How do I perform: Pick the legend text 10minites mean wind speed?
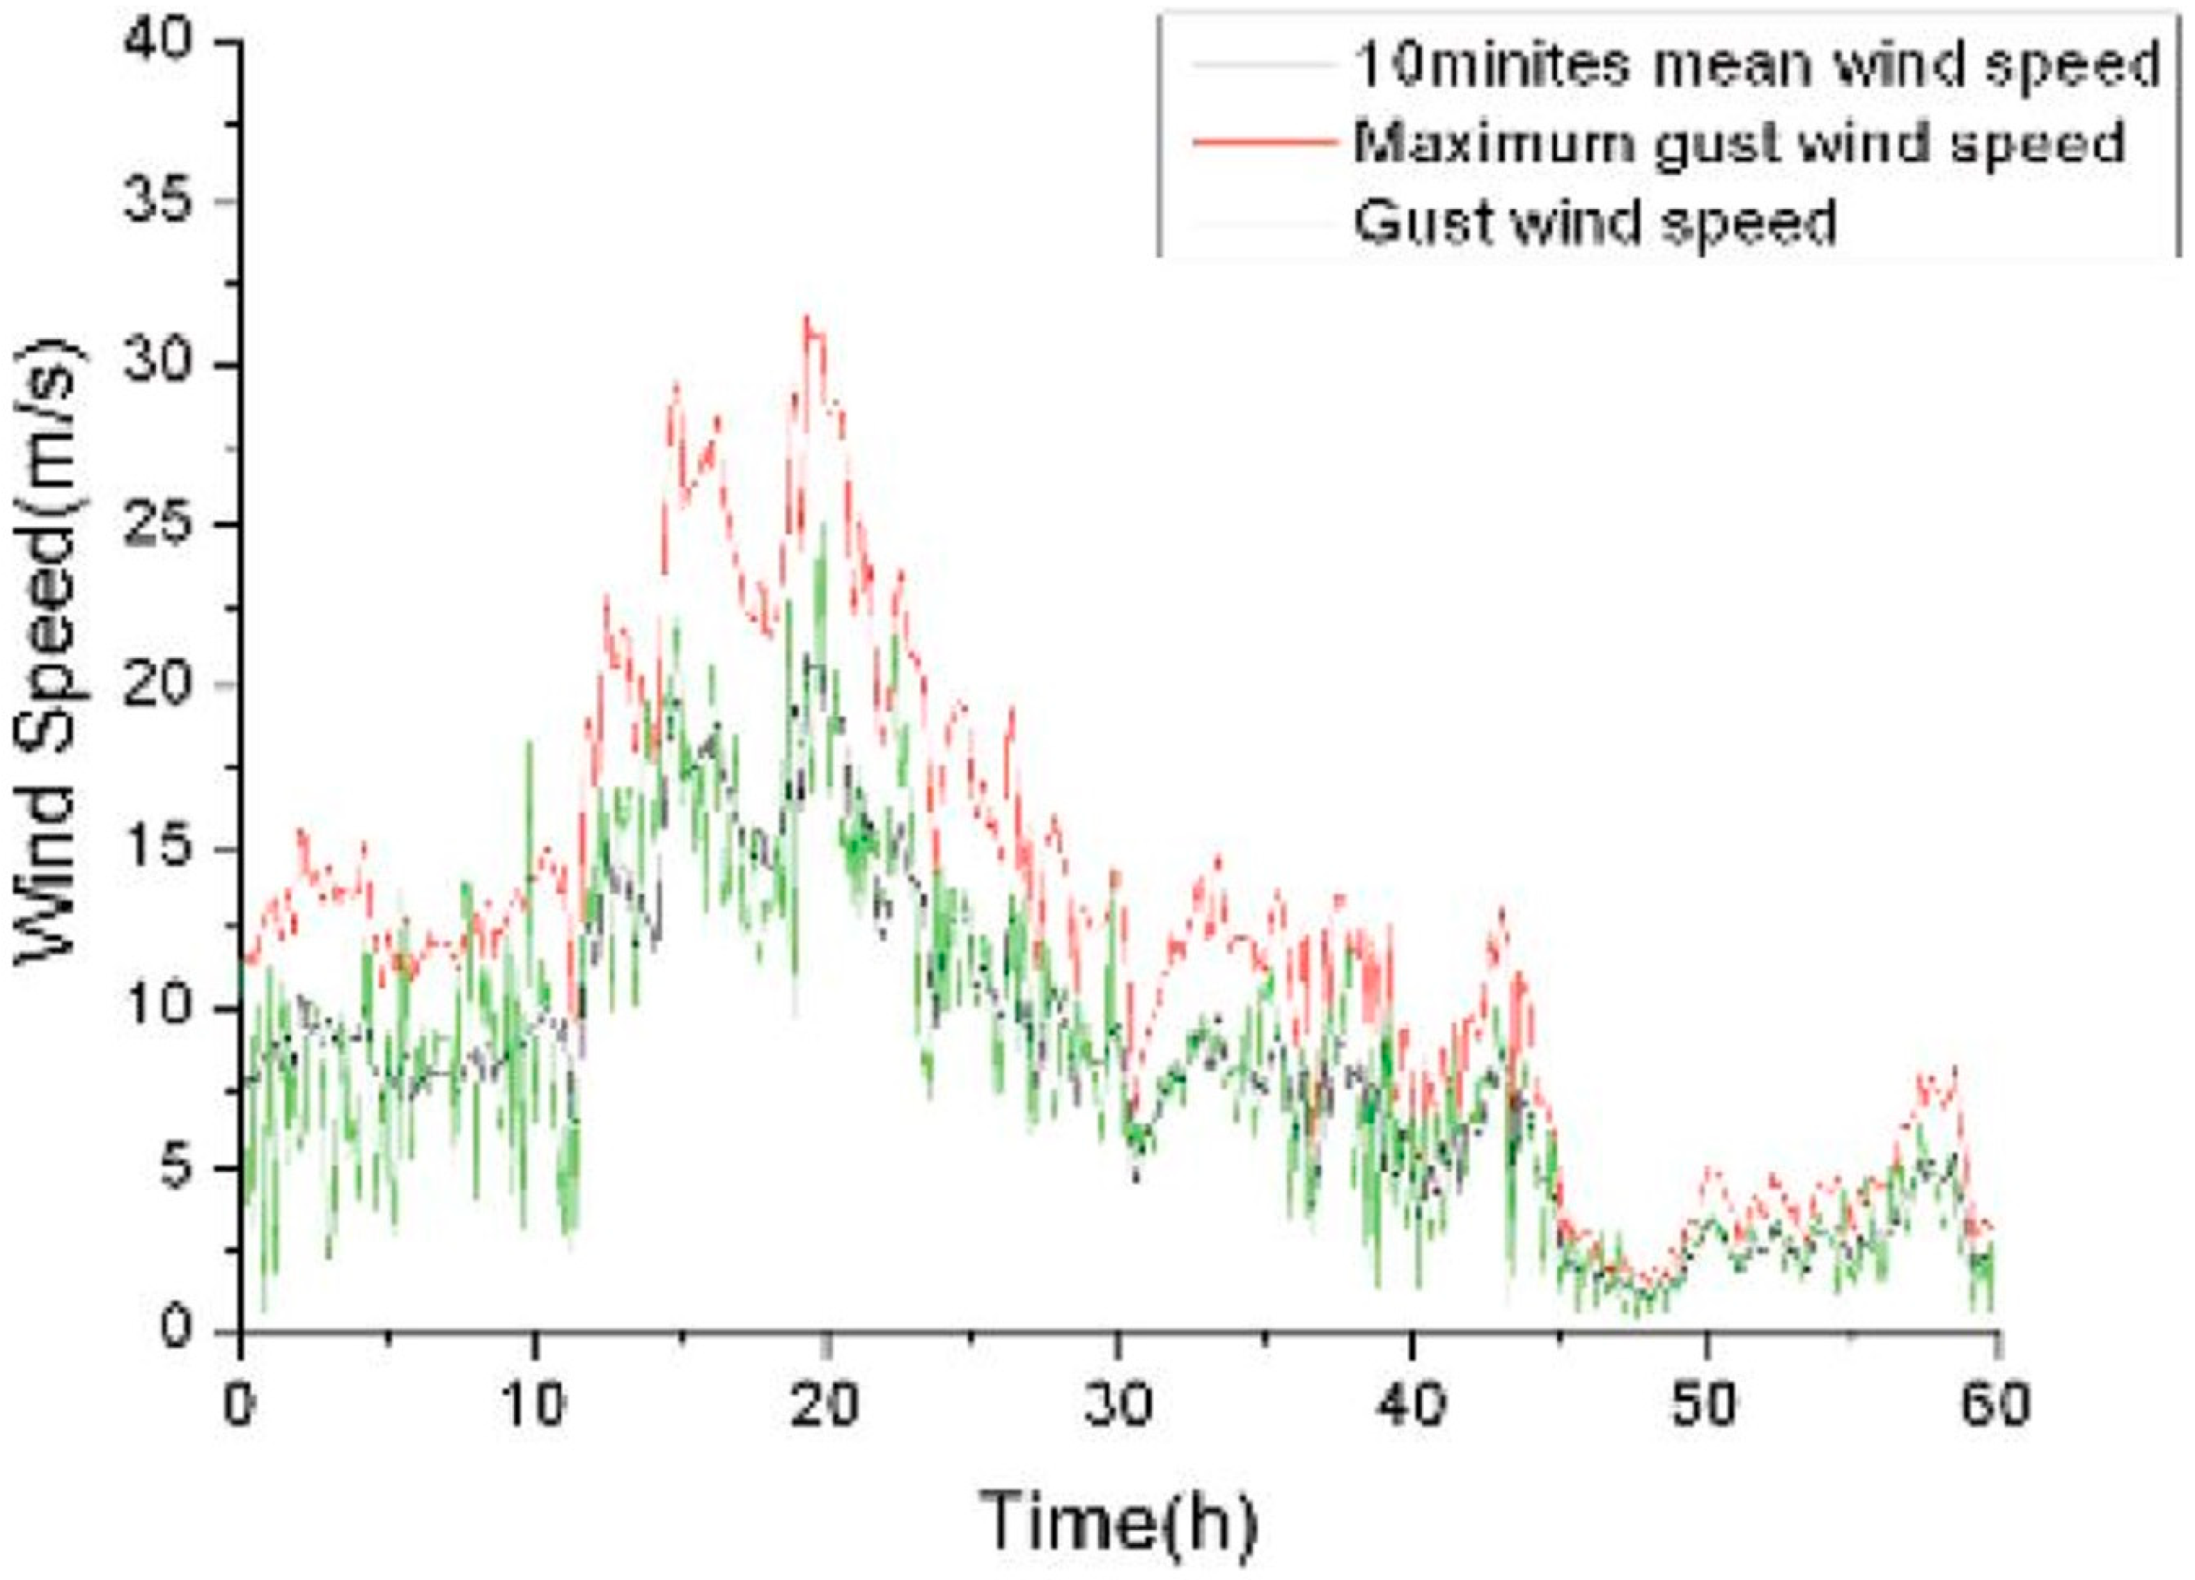coord(1756,65)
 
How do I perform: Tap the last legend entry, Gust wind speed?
coord(1595,221)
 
